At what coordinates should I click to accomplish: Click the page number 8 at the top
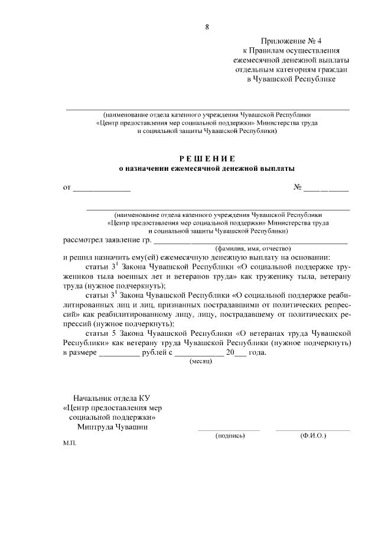(x=207, y=27)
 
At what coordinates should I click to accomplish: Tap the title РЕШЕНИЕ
(x=207, y=158)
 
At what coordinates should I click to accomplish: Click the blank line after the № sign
(x=326, y=189)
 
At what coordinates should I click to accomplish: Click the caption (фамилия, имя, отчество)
(x=252, y=249)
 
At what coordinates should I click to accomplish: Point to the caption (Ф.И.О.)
(x=313, y=436)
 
